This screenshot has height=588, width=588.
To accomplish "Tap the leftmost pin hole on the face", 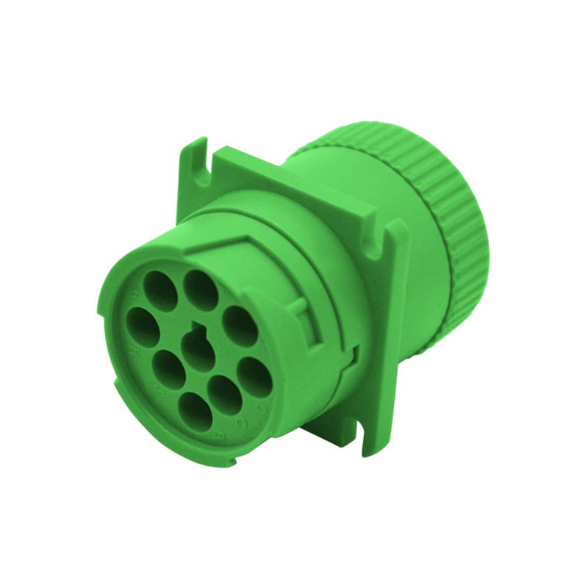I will click(x=143, y=326).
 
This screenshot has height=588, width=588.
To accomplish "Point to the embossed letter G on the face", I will click(x=133, y=295).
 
